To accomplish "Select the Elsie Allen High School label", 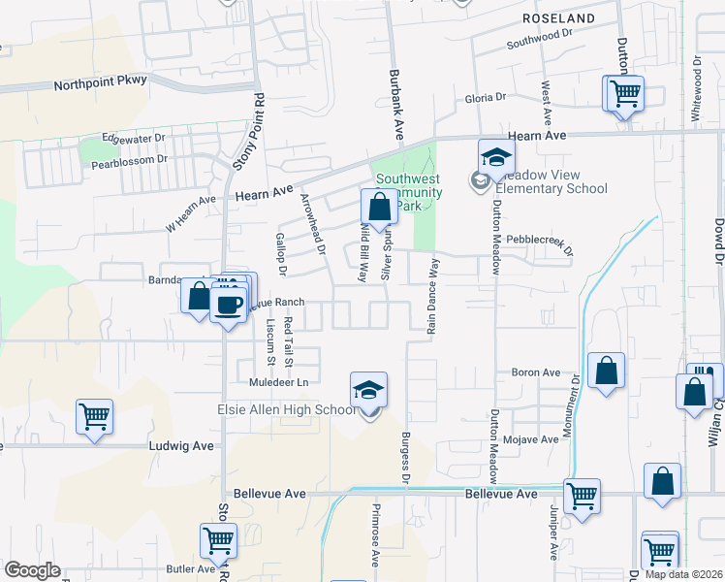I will (286, 410).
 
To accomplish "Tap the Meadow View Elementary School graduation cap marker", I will (496, 157).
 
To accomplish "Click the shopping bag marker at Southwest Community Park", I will (379, 207).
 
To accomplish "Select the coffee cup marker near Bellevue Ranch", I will (229, 304).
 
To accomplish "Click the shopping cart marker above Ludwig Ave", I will (95, 417).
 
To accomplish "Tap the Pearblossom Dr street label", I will (128, 162).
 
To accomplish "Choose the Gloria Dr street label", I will (486, 97).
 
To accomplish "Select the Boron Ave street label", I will (536, 372).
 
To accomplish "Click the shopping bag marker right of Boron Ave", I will (606, 371).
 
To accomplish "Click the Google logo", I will (31, 570).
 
